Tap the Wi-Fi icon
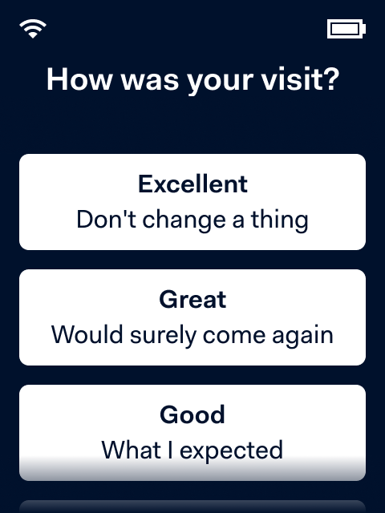(x=33, y=29)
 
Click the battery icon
(x=346, y=29)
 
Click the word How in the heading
(x=79, y=79)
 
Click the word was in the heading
(x=150, y=81)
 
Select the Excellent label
(x=192, y=184)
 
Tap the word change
(x=184, y=221)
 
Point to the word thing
(x=280, y=221)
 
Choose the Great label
(x=192, y=299)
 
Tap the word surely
(x=163, y=337)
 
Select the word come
(x=234, y=337)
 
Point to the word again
(x=303, y=337)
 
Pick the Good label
(x=192, y=414)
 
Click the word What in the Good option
(x=131, y=450)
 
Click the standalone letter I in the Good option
(x=170, y=450)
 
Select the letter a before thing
(x=238, y=221)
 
